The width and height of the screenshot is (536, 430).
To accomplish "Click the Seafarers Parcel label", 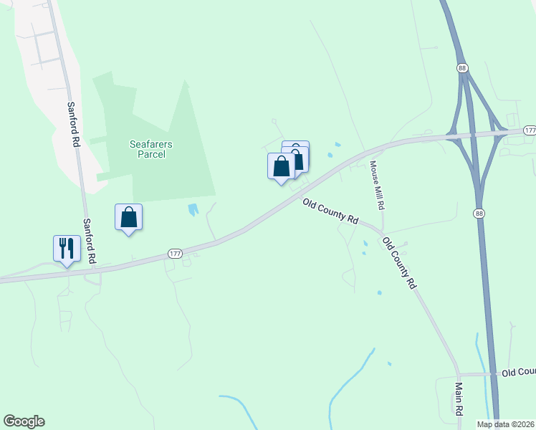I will [x=150, y=149].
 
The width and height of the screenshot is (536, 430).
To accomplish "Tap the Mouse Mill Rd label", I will [x=377, y=185].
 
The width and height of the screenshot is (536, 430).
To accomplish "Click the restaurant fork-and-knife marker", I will [x=67, y=249].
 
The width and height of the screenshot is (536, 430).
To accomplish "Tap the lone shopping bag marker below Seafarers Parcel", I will [x=128, y=217].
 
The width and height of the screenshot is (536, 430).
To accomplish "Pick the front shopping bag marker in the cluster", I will [x=282, y=167].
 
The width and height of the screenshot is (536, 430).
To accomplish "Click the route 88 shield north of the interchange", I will [x=461, y=67].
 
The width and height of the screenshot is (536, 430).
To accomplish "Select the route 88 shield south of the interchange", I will [x=478, y=214].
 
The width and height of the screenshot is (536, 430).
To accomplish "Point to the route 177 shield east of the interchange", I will [x=529, y=130].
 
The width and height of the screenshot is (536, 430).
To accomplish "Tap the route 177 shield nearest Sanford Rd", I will [x=175, y=254].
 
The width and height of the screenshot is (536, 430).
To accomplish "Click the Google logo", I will [x=24, y=421].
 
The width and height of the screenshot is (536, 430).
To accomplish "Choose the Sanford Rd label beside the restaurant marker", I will [x=90, y=242].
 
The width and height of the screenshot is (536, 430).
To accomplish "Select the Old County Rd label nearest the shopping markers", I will [x=330, y=212].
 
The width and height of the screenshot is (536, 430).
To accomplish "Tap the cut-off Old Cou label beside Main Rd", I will [x=518, y=373].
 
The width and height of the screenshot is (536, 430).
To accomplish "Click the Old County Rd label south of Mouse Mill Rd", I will [x=398, y=263].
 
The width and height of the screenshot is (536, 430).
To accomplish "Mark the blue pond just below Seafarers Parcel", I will [x=192, y=210].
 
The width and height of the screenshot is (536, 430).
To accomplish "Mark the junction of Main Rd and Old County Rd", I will [x=458, y=374].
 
